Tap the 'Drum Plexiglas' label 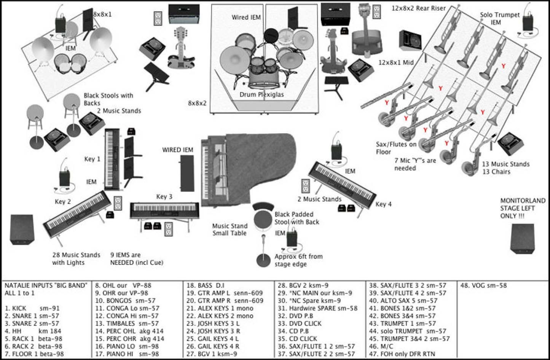261,94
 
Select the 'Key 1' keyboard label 92,159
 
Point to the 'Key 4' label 383,204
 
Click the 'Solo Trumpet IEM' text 499,19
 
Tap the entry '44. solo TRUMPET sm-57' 408,331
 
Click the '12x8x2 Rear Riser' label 419,8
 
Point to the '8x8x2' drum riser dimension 197,103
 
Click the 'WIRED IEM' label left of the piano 177,150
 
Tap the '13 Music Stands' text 505,164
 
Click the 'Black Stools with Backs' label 108,99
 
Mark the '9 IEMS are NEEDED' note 137,259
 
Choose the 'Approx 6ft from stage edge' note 298,260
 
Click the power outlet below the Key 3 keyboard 168,229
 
